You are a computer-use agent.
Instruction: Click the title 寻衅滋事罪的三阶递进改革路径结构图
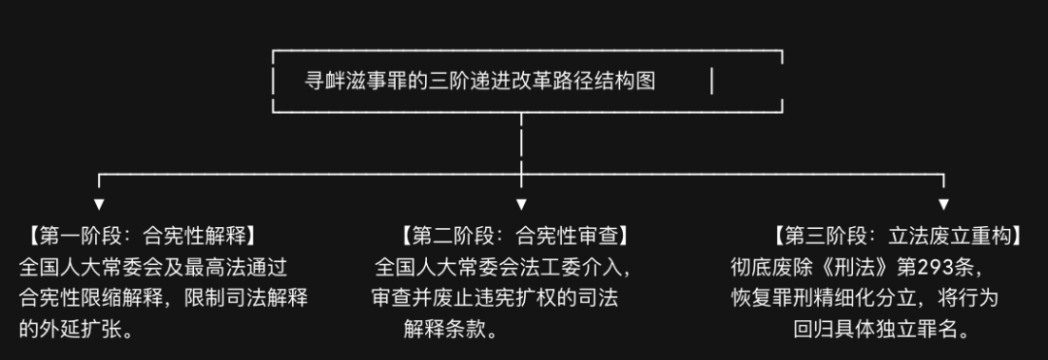click(480, 81)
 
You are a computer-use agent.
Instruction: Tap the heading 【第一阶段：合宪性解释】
click(142, 235)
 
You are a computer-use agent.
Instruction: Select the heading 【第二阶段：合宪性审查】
click(514, 235)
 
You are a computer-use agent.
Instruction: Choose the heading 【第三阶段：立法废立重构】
click(898, 235)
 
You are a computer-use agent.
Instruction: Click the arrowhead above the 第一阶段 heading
click(99, 205)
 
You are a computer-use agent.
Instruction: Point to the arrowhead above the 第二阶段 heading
click(521, 205)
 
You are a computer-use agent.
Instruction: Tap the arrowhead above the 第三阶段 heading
click(944, 205)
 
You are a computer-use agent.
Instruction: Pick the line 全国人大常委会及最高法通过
click(153, 267)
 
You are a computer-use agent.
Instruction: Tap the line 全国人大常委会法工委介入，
click(504, 267)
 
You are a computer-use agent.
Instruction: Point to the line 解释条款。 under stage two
click(451, 329)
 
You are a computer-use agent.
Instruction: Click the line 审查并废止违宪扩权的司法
click(495, 298)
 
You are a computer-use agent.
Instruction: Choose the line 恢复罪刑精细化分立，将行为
click(865, 298)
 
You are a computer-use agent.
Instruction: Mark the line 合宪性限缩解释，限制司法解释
click(164, 298)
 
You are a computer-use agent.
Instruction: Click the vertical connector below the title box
click(521, 144)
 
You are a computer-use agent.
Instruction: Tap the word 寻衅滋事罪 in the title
click(354, 81)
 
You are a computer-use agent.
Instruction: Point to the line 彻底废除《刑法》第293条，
click(858, 267)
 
